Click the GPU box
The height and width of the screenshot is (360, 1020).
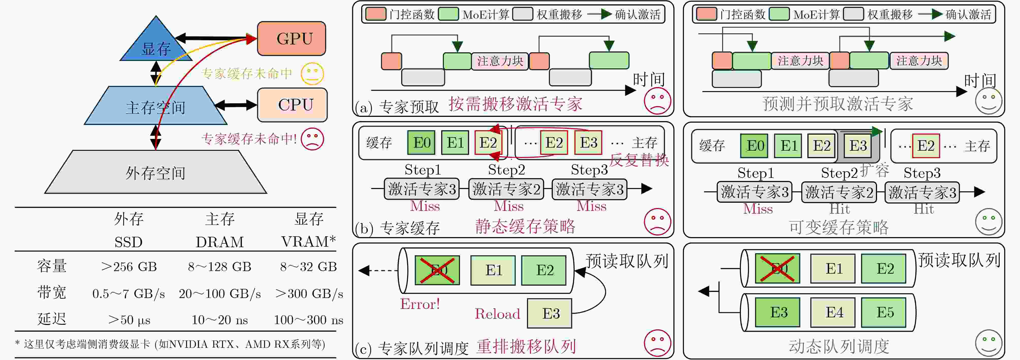click(x=291, y=38)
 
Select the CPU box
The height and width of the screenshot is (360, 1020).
click(x=292, y=105)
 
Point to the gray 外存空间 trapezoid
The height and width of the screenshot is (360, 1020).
click(x=156, y=172)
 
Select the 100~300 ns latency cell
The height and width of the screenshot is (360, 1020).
click(x=308, y=320)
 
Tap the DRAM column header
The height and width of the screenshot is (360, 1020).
click(x=220, y=242)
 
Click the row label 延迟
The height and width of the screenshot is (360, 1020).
click(x=52, y=319)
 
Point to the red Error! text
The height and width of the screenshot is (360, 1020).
click(x=420, y=304)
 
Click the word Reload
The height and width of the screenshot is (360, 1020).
click(x=497, y=314)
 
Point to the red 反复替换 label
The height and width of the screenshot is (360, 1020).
click(x=639, y=160)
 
